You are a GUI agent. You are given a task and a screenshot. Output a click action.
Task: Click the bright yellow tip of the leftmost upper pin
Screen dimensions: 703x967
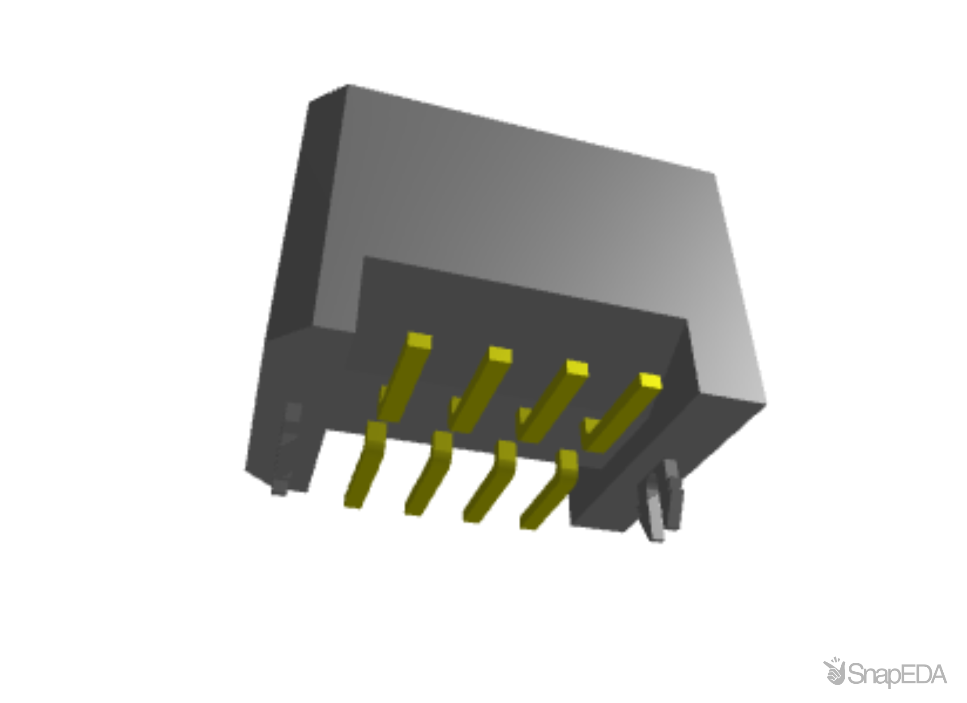[x=419, y=342]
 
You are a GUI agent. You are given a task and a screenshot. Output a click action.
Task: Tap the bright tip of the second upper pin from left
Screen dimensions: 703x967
[x=501, y=355]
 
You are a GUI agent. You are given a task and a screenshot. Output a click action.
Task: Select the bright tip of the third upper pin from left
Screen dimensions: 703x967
[x=577, y=368]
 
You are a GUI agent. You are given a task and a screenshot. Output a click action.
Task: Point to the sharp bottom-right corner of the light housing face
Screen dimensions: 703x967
[x=766, y=402]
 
